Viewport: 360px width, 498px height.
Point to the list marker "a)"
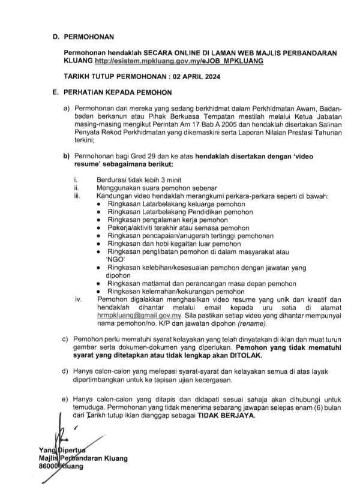click(x=67, y=107)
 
